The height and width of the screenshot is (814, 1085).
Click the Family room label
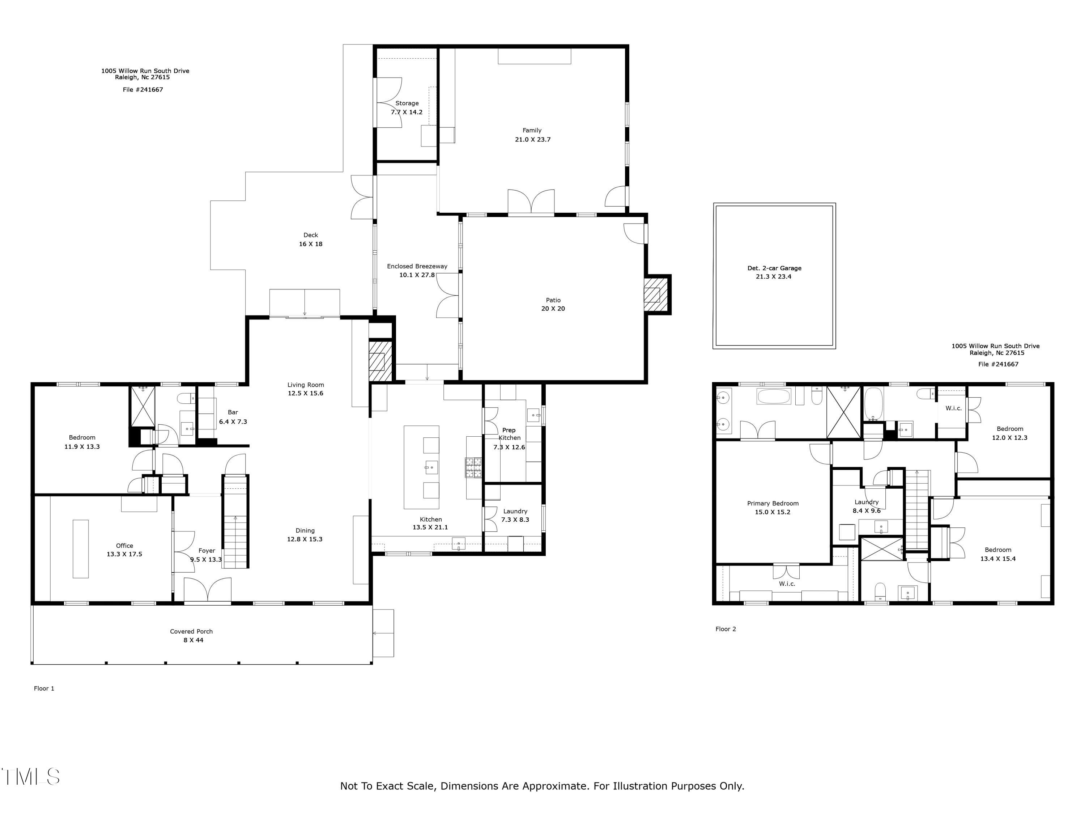[532, 131]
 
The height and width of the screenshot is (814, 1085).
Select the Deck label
[310, 235]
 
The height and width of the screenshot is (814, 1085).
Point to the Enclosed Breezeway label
[417, 266]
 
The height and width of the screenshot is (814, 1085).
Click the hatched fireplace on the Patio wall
[652, 295]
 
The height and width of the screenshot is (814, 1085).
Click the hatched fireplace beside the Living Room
[380, 361]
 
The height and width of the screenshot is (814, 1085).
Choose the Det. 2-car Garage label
[774, 268]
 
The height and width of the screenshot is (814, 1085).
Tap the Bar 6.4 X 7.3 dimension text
[233, 421]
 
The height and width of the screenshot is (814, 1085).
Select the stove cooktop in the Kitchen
[473, 467]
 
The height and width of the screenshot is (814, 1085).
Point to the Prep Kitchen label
[509, 434]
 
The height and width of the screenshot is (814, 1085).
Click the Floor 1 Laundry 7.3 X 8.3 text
[515, 520]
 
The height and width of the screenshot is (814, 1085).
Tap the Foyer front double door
[208, 591]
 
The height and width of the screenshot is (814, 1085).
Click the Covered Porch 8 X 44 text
[191, 640]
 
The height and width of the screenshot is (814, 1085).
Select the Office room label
[124, 546]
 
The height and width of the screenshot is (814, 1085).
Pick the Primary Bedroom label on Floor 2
[773, 504]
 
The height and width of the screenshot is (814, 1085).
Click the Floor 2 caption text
[726, 629]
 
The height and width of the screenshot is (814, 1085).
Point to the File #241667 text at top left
[143, 90]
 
